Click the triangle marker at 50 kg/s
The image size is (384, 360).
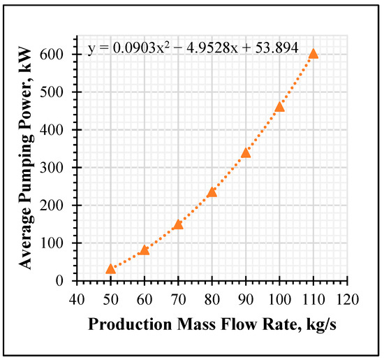point(111,269)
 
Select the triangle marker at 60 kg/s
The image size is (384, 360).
point(145,250)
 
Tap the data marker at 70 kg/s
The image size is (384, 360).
point(178,224)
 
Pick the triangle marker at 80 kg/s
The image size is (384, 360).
point(212,192)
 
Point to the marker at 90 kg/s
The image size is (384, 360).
point(246,153)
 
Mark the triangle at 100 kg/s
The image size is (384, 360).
point(280,107)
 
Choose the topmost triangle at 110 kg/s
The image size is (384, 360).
point(313,54)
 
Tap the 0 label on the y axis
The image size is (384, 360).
point(59,281)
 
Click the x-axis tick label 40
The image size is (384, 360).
point(77,299)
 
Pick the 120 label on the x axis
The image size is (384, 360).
point(347,299)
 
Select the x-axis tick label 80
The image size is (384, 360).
point(212,299)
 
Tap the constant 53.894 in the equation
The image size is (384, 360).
point(276,48)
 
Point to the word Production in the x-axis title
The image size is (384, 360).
point(130,324)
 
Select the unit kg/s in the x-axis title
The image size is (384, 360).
point(321,325)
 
